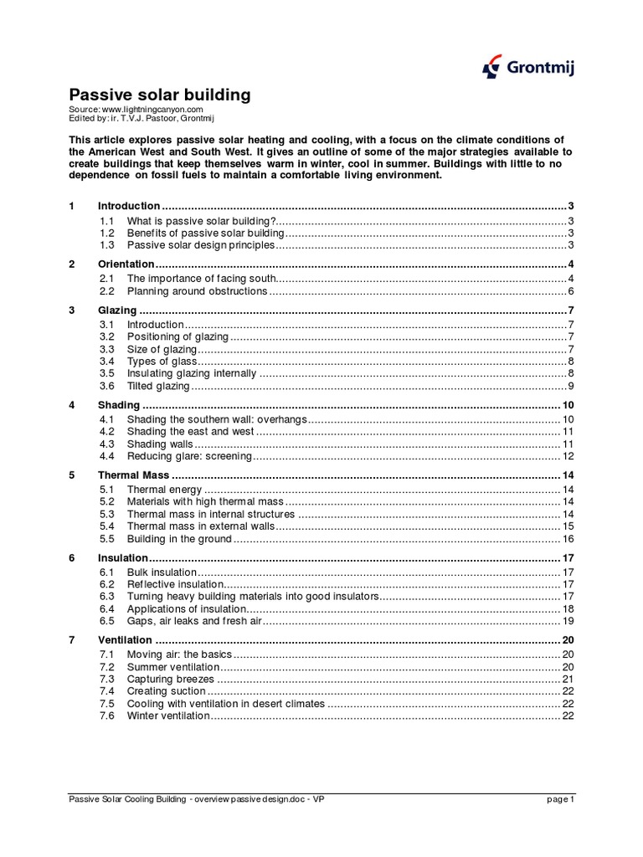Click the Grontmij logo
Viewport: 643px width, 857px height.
tap(528, 68)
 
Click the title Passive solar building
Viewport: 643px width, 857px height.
tap(159, 95)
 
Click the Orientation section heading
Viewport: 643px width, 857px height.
tap(126, 264)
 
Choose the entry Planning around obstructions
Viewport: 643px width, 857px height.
tap(197, 291)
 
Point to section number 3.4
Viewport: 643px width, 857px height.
tap(106, 362)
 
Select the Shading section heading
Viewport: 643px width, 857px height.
tap(119, 405)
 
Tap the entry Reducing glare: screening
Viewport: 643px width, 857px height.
tap(189, 456)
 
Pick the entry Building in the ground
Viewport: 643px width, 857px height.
tap(179, 539)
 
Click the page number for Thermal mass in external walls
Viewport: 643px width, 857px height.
tap(567, 526)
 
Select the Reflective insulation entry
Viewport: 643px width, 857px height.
tap(175, 584)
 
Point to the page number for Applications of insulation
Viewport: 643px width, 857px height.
tap(567, 609)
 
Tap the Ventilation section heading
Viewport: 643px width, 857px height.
tap(125, 640)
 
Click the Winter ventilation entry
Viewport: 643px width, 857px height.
tap(167, 716)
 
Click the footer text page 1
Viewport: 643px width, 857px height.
tap(560, 799)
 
